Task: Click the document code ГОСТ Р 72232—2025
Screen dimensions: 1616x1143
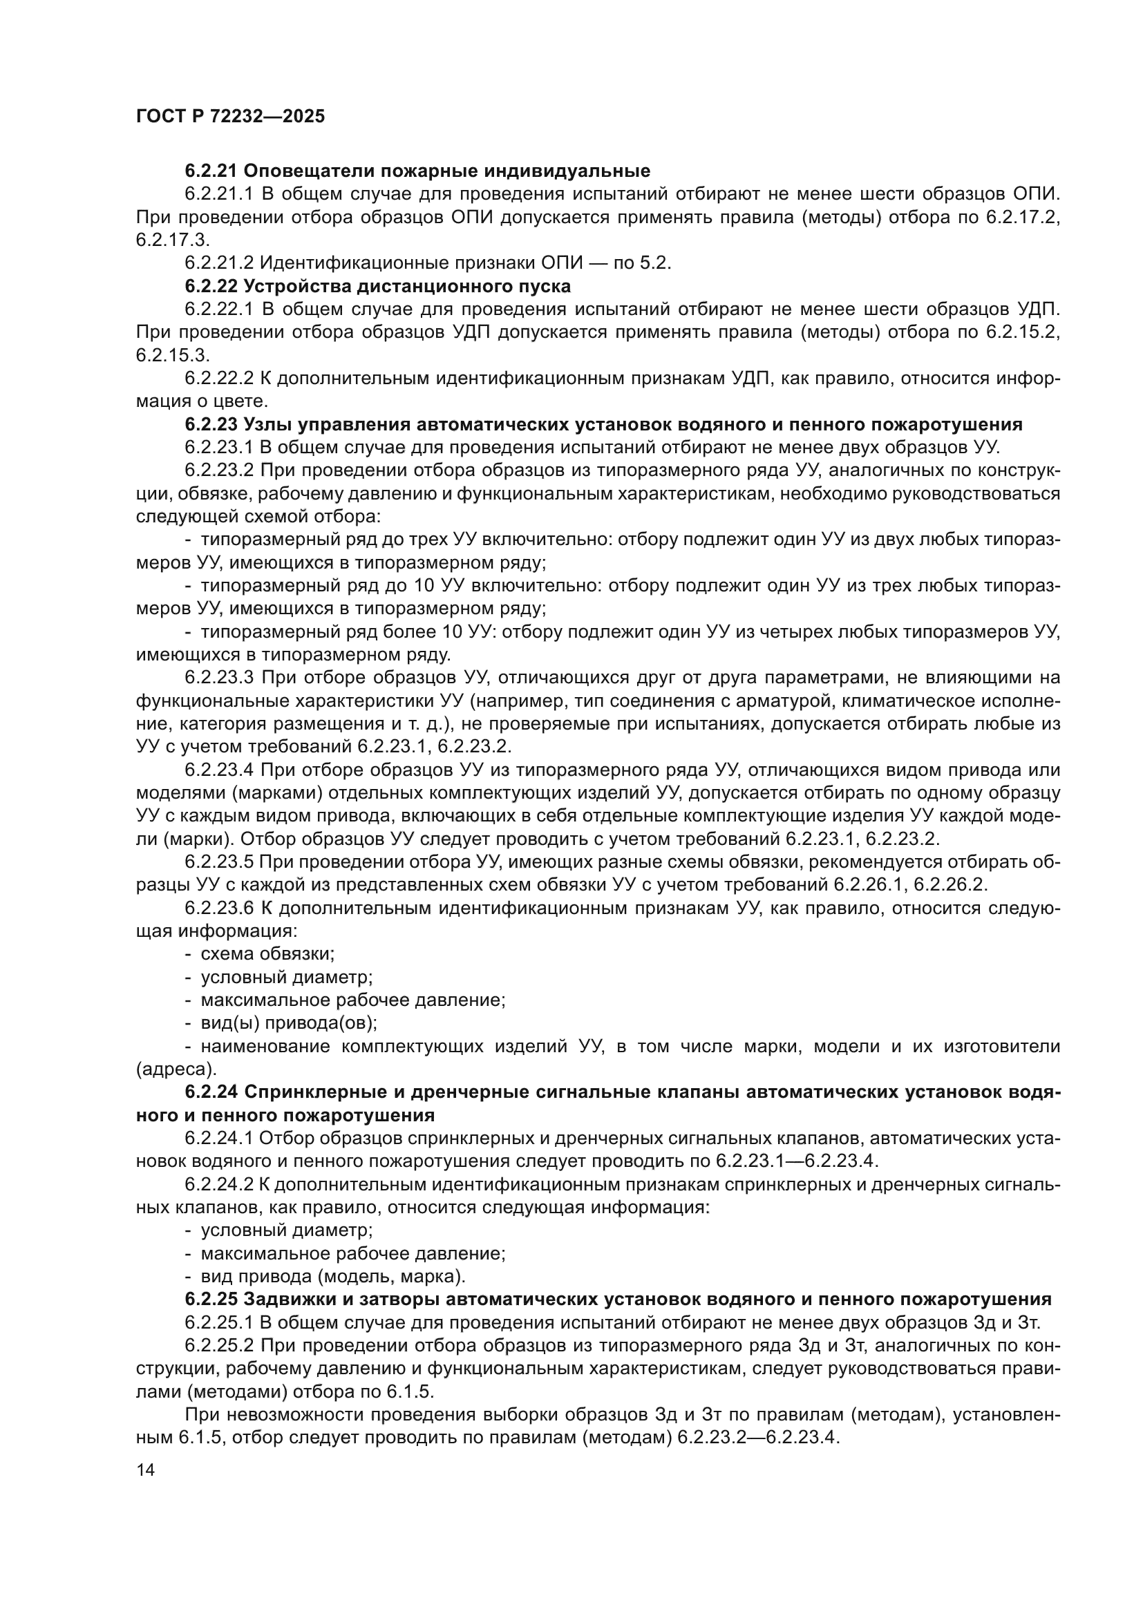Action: tap(230, 117)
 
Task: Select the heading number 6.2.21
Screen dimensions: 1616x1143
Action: tap(211, 171)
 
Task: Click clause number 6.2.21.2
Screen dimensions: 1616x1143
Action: tap(219, 263)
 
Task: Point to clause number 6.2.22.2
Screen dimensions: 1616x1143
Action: tap(219, 379)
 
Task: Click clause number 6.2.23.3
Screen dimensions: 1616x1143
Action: tap(219, 678)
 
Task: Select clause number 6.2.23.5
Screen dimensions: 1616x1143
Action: tap(219, 862)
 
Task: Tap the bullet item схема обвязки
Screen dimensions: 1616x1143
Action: tap(267, 954)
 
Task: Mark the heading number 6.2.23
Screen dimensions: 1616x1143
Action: tap(211, 424)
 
